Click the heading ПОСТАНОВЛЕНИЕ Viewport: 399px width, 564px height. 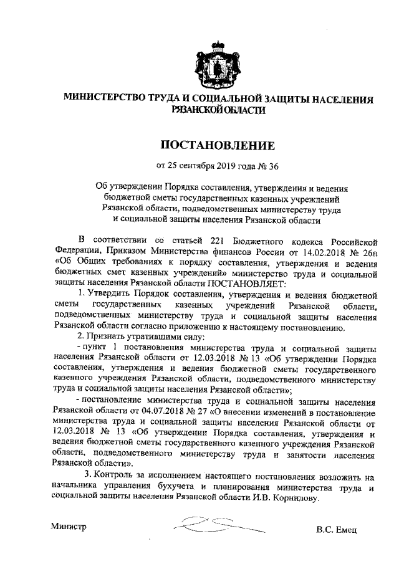218,147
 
